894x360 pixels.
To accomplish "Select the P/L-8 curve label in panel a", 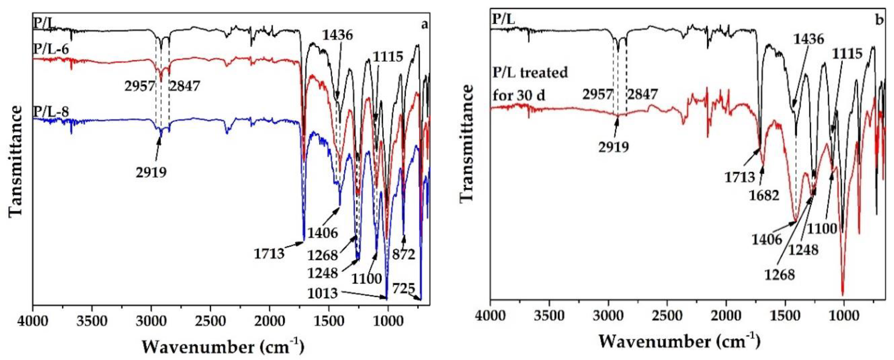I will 51,112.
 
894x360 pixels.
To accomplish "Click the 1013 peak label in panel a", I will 322,293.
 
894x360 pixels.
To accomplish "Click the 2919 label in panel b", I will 613,147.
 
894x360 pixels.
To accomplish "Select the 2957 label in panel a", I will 140,86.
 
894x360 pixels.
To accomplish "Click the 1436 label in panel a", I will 337,35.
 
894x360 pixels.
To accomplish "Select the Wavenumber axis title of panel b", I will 679,341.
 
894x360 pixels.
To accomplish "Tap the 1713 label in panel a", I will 269,253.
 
